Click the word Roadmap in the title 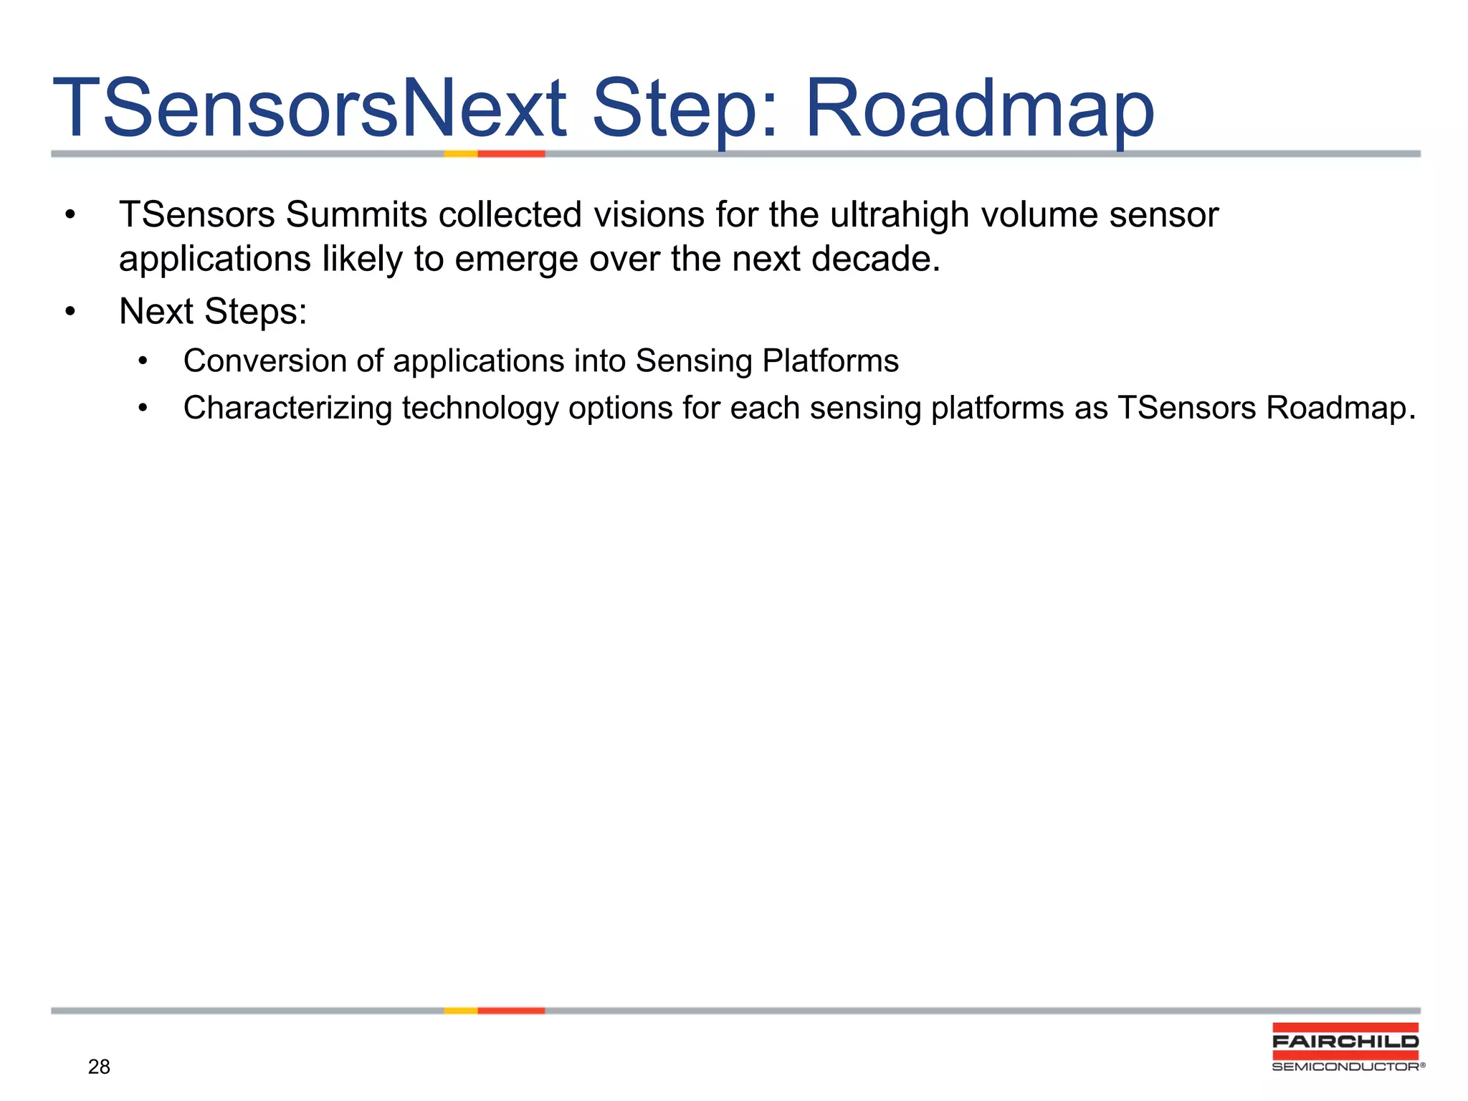979,109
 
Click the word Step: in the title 685,109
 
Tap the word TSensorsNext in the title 310,109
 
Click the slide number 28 99,1067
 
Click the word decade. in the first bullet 875,259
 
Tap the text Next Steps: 213,312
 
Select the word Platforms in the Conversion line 830,361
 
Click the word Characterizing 287,408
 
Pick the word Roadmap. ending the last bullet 1340,408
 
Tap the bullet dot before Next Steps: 70,312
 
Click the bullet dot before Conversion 143,361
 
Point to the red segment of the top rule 511,153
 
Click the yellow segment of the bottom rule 460,1011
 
